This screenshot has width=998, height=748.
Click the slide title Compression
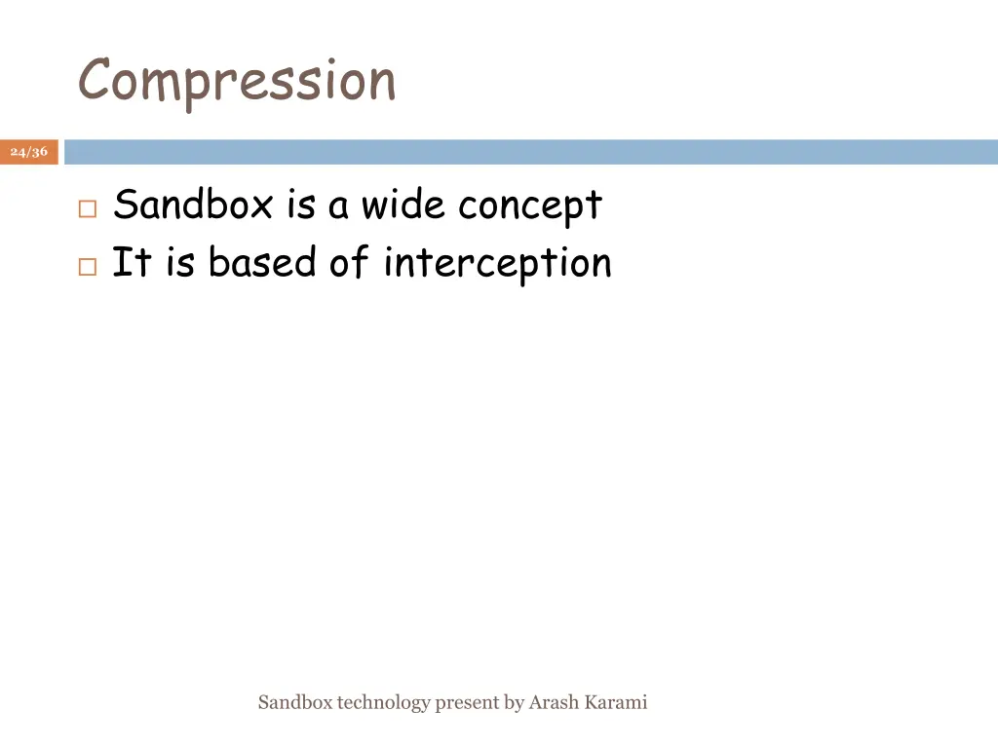237,81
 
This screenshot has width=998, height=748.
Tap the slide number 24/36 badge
29,152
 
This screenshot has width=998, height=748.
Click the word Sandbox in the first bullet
193,206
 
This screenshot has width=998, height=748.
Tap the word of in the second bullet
348,263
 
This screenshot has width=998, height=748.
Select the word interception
497,264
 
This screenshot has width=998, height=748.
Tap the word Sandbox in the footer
295,702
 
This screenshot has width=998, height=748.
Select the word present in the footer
467,703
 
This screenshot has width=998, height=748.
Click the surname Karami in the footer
616,702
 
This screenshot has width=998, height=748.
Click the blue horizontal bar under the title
531,152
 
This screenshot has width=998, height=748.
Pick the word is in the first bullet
301,206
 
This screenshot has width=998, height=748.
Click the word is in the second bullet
179,263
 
